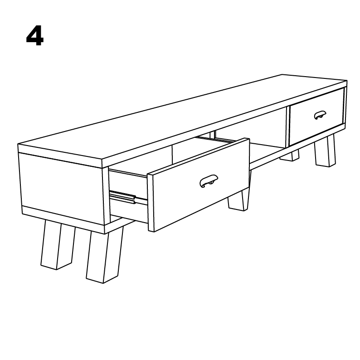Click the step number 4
(x=34, y=36)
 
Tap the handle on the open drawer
(x=209, y=181)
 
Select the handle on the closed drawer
(x=320, y=115)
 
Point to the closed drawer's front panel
(x=316, y=117)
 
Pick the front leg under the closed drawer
(x=325, y=151)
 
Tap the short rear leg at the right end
(x=290, y=156)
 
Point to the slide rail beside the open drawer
(x=123, y=197)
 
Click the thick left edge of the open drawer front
(x=151, y=203)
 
